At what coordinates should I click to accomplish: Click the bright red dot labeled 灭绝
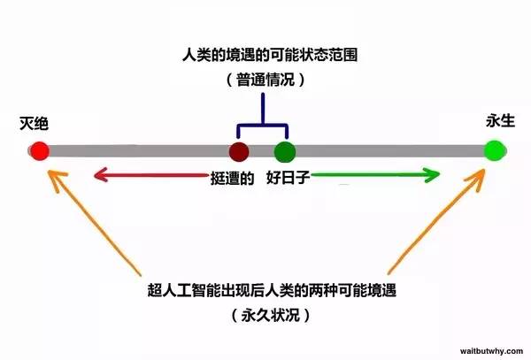(40, 151)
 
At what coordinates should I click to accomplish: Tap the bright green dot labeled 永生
(495, 150)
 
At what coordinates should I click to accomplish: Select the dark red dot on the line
(239, 151)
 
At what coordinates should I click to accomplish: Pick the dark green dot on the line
(285, 152)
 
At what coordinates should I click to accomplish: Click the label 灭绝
(34, 124)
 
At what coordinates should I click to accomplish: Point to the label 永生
(500, 121)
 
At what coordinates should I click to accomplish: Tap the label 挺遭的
(232, 178)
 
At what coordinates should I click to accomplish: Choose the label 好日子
(289, 177)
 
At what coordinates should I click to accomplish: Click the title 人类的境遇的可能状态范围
(270, 55)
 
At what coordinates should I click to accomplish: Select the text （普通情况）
(265, 80)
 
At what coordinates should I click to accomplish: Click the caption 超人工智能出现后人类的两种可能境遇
(272, 290)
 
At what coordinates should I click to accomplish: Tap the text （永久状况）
(271, 316)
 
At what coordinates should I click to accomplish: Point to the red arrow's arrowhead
(101, 175)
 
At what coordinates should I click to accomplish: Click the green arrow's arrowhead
(432, 174)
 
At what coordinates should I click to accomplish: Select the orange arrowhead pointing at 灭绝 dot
(56, 180)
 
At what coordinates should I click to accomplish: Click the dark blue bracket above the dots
(263, 126)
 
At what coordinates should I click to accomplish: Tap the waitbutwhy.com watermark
(491, 351)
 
